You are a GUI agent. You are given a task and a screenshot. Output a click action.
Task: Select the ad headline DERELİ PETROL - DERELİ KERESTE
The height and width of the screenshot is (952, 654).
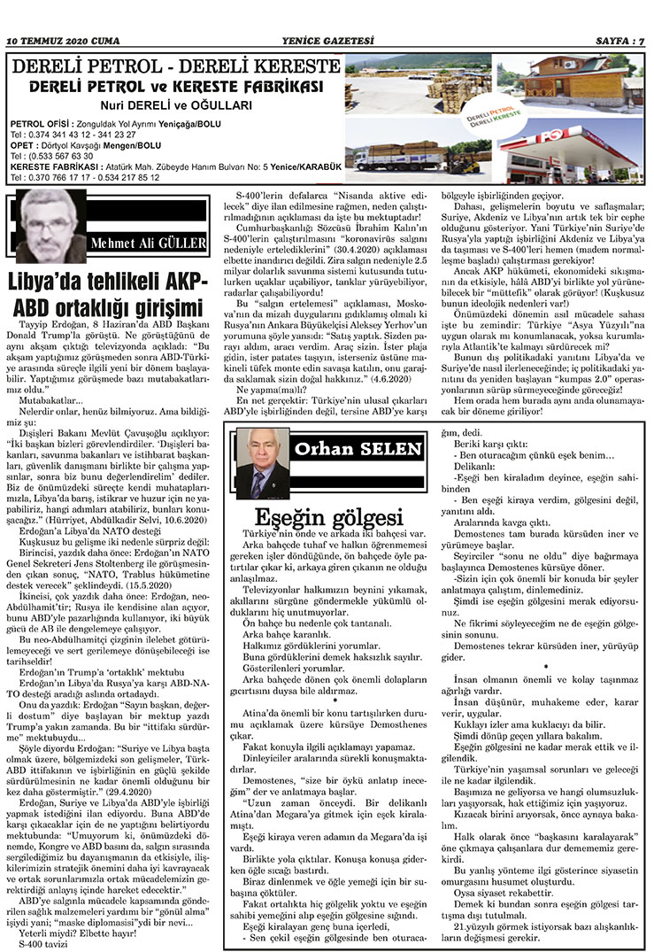point(174,66)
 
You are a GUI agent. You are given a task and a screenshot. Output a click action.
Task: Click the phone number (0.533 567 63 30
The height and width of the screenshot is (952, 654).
point(50,156)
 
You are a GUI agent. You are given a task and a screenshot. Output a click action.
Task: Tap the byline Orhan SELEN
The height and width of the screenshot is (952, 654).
point(358,448)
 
